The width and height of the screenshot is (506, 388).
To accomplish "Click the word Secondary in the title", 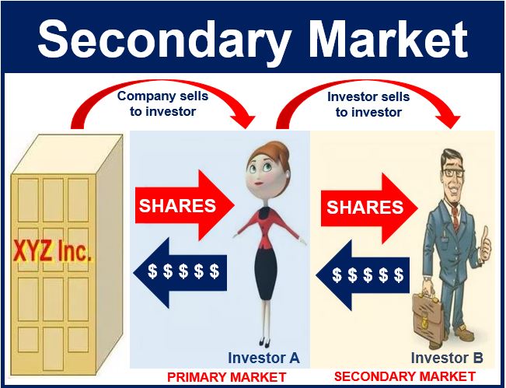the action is point(163,39).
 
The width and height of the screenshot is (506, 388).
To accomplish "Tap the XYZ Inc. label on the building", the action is point(53,251).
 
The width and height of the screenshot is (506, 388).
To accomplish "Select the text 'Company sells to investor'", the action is point(162,103).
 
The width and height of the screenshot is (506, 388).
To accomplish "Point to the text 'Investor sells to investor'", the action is point(368,104).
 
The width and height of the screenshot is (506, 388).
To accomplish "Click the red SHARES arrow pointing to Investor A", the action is point(184,205).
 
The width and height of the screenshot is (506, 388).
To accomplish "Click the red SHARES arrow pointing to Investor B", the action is point(369,208).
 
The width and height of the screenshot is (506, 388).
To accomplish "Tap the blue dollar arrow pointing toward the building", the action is point(180,272).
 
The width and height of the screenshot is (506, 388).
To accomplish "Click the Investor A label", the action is point(263,358).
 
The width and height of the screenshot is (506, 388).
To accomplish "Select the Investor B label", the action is point(447,358).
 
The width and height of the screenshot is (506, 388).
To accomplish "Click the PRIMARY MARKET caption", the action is point(226,377).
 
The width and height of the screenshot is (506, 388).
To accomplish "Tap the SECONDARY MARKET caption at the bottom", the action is point(405,376).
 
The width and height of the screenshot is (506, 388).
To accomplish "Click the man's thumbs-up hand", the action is point(485,244).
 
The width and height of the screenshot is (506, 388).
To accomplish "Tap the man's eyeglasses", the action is point(453,173).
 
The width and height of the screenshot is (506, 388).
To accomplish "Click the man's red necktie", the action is point(455,215).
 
